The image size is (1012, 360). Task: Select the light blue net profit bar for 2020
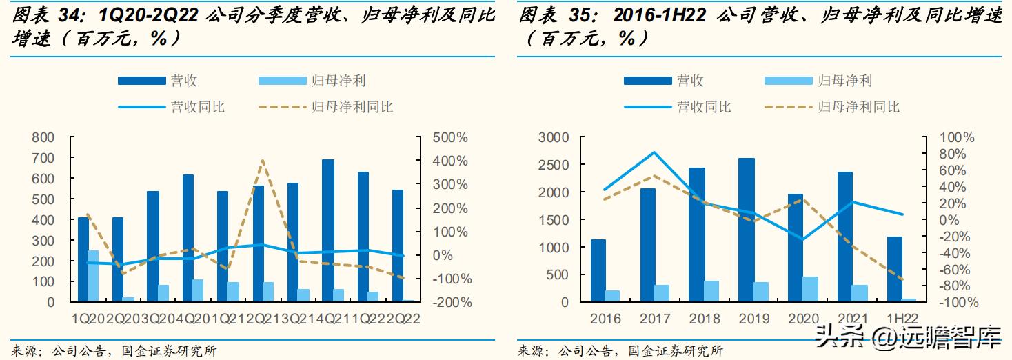pyautogui.click(x=811, y=289)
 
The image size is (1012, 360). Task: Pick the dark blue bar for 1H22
pyautogui.click(x=894, y=269)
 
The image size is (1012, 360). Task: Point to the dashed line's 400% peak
pyautogui.click(x=263, y=161)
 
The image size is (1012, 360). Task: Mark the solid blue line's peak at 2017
pyautogui.click(x=654, y=152)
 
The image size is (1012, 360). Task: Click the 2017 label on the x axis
pyautogui.click(x=654, y=319)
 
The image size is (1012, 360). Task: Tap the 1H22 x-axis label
pyautogui.click(x=902, y=319)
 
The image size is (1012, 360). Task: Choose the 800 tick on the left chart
pyautogui.click(x=43, y=137)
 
